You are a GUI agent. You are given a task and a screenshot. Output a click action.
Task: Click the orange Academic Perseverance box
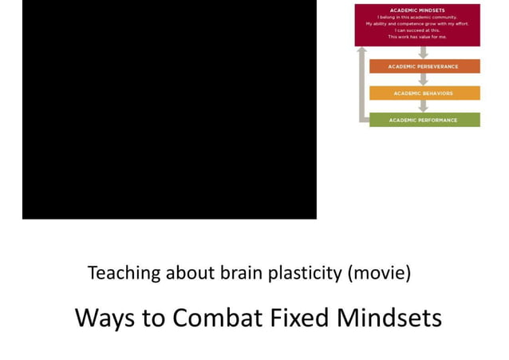tap(423, 66)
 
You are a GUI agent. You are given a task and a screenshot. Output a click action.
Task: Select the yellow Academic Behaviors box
tap(423, 93)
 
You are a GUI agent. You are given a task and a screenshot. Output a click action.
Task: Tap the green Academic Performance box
tap(423, 121)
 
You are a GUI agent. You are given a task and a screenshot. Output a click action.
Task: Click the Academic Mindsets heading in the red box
tap(417, 10)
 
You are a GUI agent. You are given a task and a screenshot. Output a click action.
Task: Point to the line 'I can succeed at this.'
tap(417, 30)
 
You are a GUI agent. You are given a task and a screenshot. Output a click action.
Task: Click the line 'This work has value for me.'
tap(417, 38)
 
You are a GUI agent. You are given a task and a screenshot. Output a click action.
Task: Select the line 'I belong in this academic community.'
tap(417, 17)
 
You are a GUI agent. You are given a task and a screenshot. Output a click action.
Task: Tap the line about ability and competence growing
tap(417, 23)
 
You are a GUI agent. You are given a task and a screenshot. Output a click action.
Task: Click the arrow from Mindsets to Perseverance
tap(424, 53)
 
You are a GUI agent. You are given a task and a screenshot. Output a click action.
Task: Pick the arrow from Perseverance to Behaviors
tap(424, 80)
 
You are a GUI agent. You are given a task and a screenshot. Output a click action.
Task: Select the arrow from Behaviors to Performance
tap(424, 107)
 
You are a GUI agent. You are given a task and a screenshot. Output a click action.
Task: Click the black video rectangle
tap(169, 109)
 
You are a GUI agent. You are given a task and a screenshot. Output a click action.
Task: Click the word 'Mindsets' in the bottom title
tap(388, 318)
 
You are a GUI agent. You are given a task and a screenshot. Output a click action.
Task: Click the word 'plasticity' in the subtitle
tap(304, 274)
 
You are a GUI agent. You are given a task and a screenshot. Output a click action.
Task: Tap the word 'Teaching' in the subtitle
tap(124, 274)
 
